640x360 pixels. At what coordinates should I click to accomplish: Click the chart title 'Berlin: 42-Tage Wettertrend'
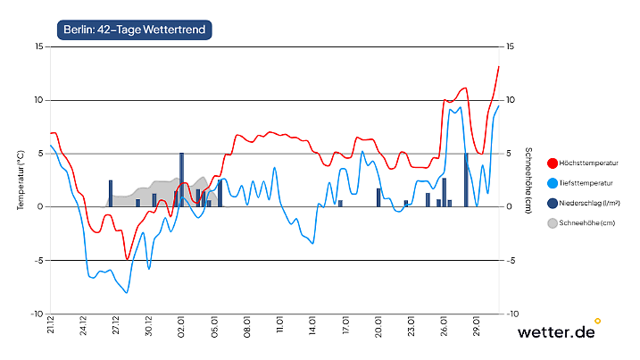[134, 29]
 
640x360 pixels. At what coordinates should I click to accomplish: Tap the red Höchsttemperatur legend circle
[552, 163]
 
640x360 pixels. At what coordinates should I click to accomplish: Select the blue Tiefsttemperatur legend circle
[552, 183]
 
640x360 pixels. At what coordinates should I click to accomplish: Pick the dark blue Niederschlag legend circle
[552, 203]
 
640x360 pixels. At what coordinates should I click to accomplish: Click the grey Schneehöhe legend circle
[552, 222]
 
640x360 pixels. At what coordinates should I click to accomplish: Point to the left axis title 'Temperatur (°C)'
[21, 180]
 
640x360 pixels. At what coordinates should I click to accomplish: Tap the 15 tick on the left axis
[38, 46]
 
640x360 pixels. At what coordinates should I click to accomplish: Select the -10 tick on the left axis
[37, 314]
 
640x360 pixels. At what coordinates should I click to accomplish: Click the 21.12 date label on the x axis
[52, 327]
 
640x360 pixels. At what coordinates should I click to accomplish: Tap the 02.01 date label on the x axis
[182, 327]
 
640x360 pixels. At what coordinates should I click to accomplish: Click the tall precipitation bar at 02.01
[182, 180]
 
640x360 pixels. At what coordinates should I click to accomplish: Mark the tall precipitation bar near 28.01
[466, 180]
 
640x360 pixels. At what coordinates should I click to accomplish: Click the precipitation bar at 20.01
[378, 197]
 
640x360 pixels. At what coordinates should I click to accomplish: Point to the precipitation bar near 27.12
[111, 193]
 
